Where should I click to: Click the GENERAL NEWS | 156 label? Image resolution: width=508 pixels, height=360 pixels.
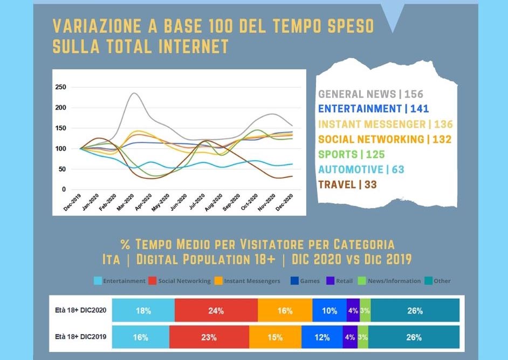pos(371,94)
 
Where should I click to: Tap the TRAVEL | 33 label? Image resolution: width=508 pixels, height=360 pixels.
pos(347,184)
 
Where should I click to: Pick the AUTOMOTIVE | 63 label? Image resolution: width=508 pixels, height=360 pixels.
pos(361,169)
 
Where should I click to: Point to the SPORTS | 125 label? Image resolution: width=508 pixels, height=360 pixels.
pos(351,154)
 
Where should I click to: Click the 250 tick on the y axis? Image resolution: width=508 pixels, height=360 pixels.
pos(60,87)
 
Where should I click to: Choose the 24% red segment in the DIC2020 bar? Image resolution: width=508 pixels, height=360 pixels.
pos(216,311)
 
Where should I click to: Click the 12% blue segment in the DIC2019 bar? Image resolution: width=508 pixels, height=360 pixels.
pos(322,338)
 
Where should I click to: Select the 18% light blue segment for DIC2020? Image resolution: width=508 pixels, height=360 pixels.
pos(143,311)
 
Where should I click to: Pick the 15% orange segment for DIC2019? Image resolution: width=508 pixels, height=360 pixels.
pos(275,338)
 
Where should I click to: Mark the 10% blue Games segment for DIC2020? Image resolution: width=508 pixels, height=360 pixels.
pos(329,311)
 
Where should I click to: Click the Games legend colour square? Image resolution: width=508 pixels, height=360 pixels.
pos(295,281)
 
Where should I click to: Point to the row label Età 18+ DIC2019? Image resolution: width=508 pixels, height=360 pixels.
pos(80,338)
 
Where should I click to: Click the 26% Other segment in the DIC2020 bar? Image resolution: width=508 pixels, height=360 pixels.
pos(415,311)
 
